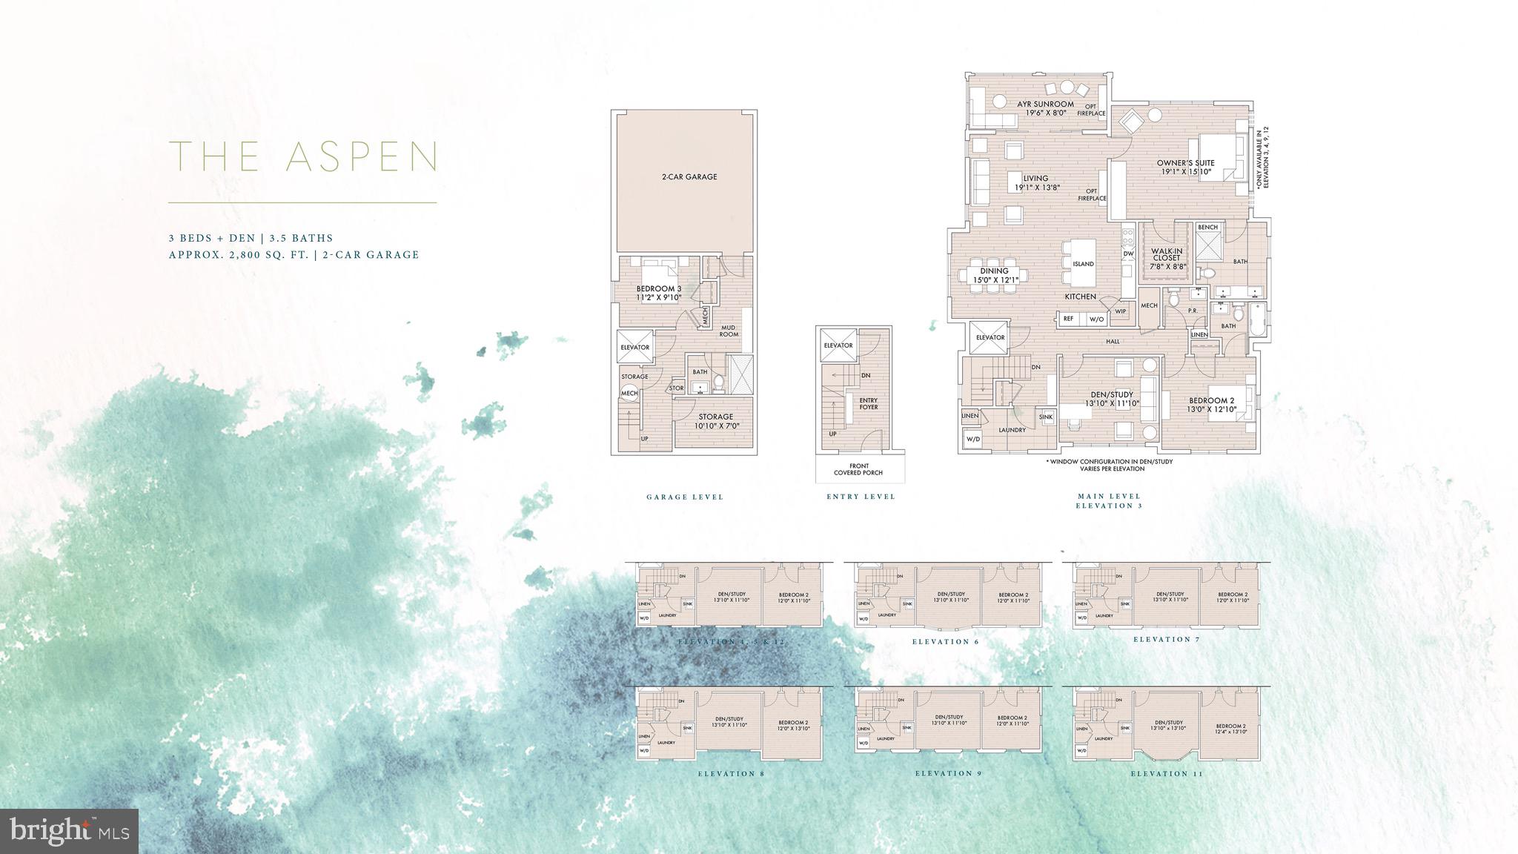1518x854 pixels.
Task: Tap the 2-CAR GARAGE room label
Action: pyautogui.click(x=689, y=177)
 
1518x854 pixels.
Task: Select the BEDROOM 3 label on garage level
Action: pyautogui.click(x=658, y=293)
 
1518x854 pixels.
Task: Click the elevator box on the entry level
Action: pyautogui.click(x=838, y=345)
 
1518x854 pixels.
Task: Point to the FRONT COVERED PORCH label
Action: pyautogui.click(x=858, y=469)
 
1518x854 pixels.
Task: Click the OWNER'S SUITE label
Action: pyautogui.click(x=1186, y=167)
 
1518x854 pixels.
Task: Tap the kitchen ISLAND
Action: pyautogui.click(x=1083, y=263)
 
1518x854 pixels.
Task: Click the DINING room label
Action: pyautogui.click(x=994, y=275)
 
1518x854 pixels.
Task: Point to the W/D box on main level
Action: pyautogui.click(x=972, y=440)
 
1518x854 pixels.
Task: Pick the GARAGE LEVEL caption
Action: pyautogui.click(x=685, y=497)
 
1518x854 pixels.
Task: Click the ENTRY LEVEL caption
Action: pyautogui.click(x=861, y=497)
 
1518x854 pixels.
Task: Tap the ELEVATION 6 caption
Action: pyautogui.click(x=945, y=642)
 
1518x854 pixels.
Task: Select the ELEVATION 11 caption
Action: pyautogui.click(x=1166, y=774)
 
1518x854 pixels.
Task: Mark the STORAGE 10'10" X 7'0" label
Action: pyautogui.click(x=715, y=421)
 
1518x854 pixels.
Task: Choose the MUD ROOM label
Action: pyautogui.click(x=729, y=331)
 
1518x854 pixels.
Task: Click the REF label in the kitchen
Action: pyautogui.click(x=1068, y=319)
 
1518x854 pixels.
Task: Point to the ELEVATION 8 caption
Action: pyautogui.click(x=730, y=774)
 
